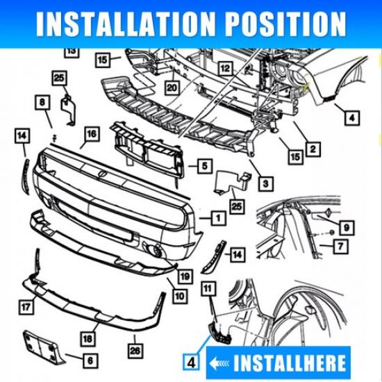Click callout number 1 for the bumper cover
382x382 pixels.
click(x=218, y=218)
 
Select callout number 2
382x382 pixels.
click(x=314, y=149)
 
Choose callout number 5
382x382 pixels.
click(x=204, y=166)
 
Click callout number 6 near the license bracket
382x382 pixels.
click(x=90, y=361)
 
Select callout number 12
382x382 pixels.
click(x=225, y=68)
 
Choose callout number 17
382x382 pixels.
click(x=26, y=304)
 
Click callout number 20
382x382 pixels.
click(x=171, y=88)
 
